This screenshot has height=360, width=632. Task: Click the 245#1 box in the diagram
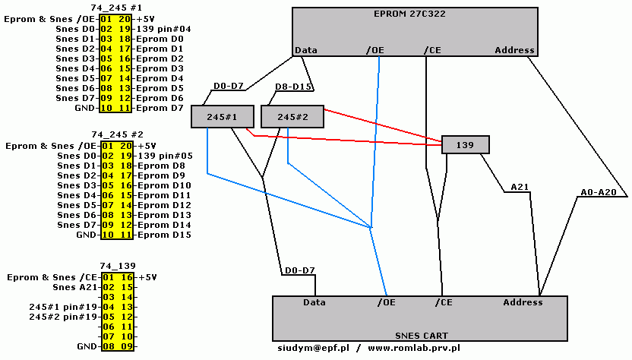(221, 117)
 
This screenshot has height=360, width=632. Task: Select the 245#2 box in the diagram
(292, 117)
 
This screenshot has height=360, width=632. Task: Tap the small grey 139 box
(465, 144)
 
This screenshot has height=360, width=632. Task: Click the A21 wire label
(520, 186)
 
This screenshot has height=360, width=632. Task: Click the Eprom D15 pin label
(161, 235)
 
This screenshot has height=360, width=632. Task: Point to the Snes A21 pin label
(77, 287)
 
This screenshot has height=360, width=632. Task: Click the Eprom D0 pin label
(158, 38)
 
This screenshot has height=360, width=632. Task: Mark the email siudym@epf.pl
(312, 347)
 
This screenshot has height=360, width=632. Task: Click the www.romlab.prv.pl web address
(414, 347)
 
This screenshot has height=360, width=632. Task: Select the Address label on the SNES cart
(523, 302)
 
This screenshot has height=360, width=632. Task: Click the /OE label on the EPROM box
(374, 50)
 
